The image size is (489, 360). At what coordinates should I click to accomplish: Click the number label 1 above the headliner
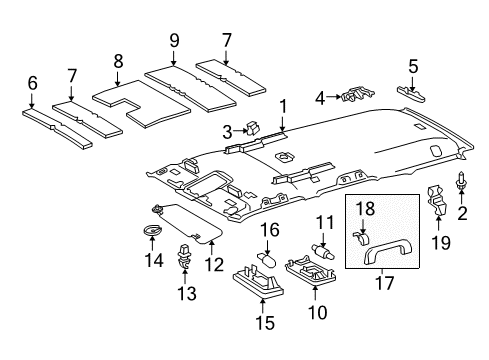pos(283,105)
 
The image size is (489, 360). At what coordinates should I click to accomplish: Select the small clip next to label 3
pos(253,129)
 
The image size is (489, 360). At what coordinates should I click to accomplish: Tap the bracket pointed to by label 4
pos(353,97)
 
